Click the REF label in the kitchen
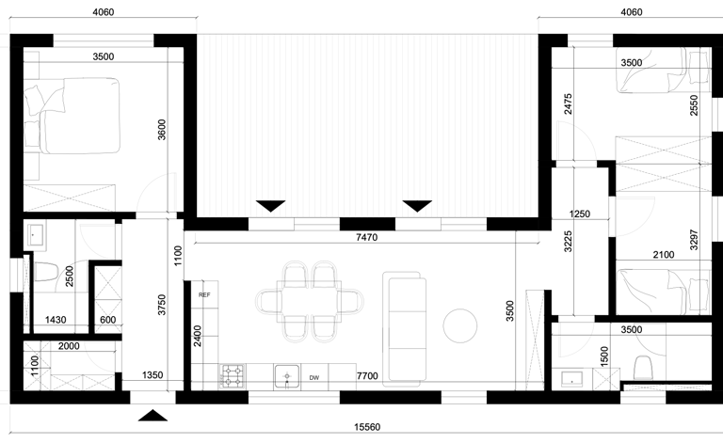coord(204,294)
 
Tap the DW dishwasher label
coord(314,377)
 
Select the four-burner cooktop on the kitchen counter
coord(233,376)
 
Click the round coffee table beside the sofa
coord(459,325)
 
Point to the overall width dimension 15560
coord(367,427)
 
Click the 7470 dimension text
coord(367,237)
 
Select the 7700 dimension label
coord(367,376)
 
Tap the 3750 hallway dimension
coord(161,305)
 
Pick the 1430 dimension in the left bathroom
coord(56,320)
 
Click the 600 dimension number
coord(108,320)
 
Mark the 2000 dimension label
coord(69,346)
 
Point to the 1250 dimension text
coord(580,214)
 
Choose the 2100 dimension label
coord(664,254)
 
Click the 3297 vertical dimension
coord(694,240)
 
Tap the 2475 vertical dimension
coord(568,103)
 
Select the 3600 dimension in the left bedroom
coord(161,130)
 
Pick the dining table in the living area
coord(309,302)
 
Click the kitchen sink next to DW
coord(287,376)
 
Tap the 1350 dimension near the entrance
coord(153,375)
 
